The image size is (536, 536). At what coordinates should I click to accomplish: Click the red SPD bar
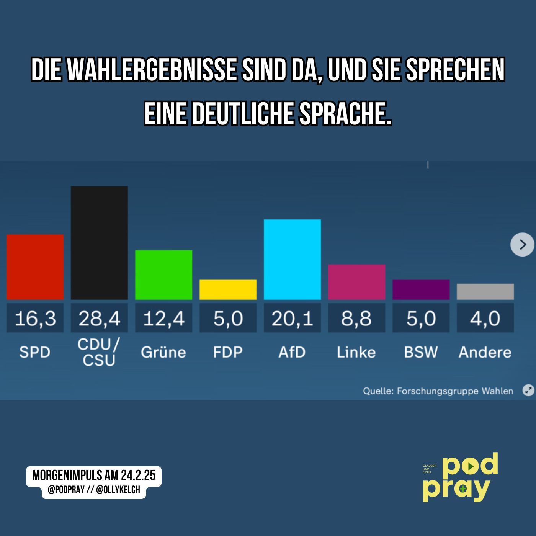tap(35, 267)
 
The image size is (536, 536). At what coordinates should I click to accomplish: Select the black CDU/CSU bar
tap(99, 243)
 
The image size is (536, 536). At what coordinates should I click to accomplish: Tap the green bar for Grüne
tap(163, 275)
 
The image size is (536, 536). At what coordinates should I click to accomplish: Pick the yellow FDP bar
tap(228, 289)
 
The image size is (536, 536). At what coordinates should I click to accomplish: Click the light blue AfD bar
tap(292, 259)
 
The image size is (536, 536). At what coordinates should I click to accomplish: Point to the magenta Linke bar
tap(356, 282)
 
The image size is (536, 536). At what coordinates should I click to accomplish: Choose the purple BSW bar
tap(421, 289)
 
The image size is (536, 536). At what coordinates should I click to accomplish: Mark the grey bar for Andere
tap(485, 291)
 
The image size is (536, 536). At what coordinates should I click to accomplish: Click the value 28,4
tap(99, 318)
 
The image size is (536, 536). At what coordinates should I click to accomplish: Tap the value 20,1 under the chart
tap(292, 318)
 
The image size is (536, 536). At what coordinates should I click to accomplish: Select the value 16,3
tap(35, 318)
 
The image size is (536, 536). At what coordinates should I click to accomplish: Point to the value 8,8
tap(356, 318)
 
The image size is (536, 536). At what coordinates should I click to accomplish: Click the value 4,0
tap(485, 318)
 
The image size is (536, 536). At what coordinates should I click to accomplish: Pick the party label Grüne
tap(163, 352)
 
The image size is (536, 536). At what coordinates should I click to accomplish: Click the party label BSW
tap(421, 352)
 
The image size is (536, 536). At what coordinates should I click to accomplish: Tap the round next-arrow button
tap(522, 245)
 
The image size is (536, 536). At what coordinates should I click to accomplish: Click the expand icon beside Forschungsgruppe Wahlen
tap(528, 391)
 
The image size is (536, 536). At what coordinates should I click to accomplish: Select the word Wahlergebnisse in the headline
tap(152, 70)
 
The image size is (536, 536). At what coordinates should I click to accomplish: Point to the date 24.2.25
tap(138, 476)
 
